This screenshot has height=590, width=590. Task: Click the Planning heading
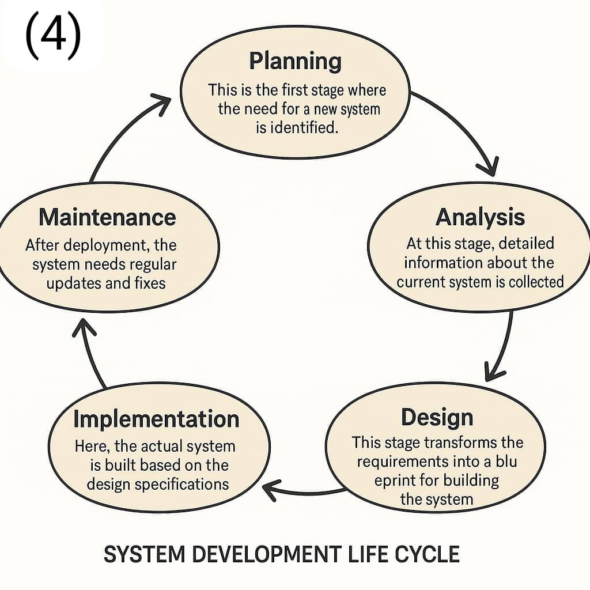tap(295, 61)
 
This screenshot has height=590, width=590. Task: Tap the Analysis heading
tap(480, 217)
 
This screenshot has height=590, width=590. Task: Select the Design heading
tap(437, 418)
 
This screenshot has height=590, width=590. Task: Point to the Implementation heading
tap(157, 419)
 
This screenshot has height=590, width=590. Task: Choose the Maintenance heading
tap(107, 217)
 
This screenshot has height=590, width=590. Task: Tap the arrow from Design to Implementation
tap(304, 491)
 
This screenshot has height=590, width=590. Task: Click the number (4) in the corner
tap(53, 35)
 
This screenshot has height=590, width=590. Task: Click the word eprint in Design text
tap(394, 481)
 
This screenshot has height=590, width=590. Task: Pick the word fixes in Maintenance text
tap(150, 283)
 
